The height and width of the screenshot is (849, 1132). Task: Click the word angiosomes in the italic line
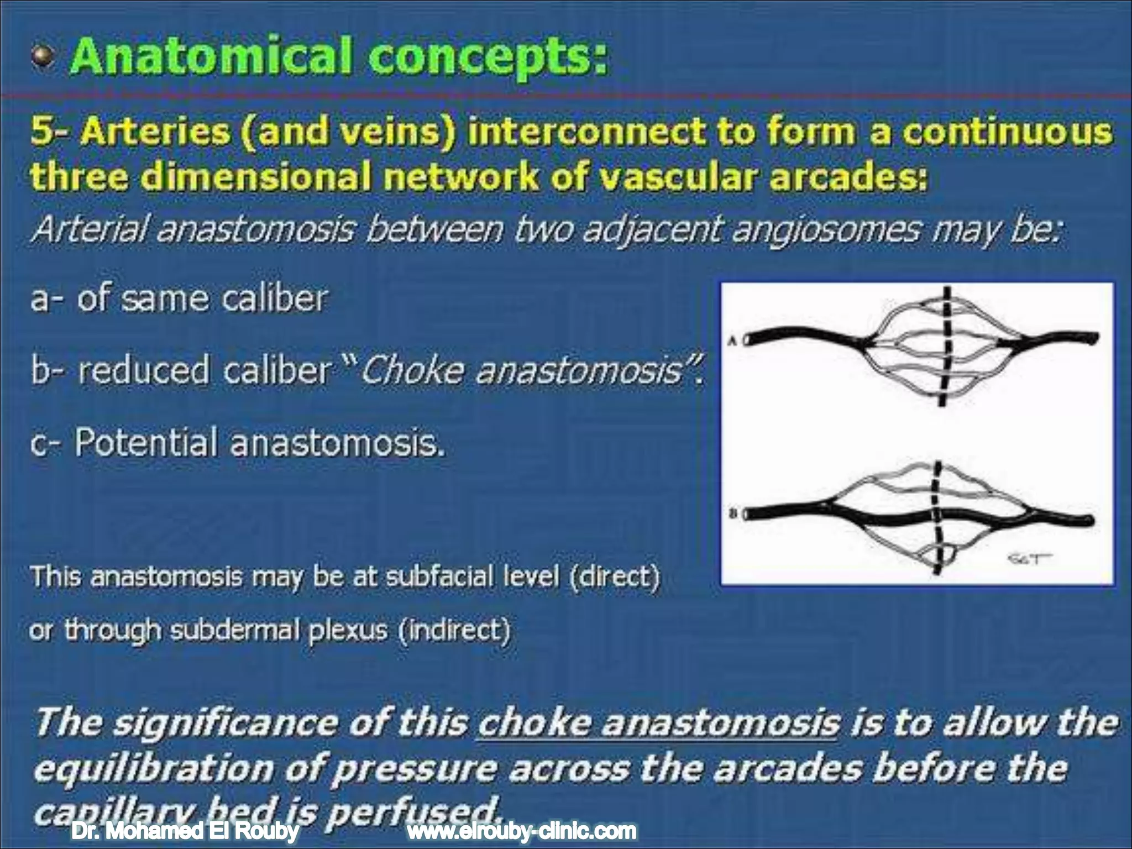826,230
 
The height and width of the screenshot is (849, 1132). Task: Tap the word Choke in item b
410,370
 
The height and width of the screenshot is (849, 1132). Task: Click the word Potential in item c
145,443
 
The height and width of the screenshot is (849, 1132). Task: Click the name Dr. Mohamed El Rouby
185,831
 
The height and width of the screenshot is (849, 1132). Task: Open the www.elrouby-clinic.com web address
521,831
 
